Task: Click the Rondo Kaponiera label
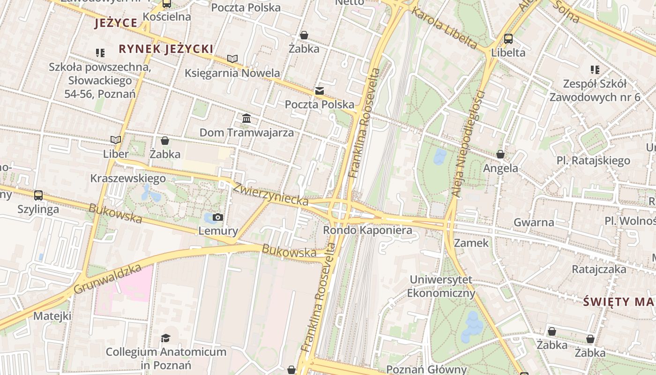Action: [x=367, y=230]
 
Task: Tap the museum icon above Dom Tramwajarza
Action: [x=246, y=118]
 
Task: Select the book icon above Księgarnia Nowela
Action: [x=232, y=59]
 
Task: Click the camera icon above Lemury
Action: [x=218, y=217]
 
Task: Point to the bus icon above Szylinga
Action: [x=38, y=195]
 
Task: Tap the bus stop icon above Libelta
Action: [x=508, y=39]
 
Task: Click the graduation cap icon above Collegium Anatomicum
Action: [x=165, y=338]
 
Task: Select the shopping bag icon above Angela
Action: [x=500, y=154]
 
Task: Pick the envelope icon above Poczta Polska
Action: [x=320, y=91]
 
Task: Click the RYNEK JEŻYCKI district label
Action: [x=166, y=49]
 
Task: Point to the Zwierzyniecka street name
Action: [x=271, y=194]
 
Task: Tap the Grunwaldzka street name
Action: [x=107, y=278]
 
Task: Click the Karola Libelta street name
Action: [x=444, y=28]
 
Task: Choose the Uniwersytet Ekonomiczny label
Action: [x=441, y=286]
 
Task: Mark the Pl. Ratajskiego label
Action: [x=593, y=161]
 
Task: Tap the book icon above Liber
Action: [x=116, y=140]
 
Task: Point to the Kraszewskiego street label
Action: [x=128, y=179]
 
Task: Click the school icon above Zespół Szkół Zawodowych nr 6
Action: [x=595, y=70]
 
